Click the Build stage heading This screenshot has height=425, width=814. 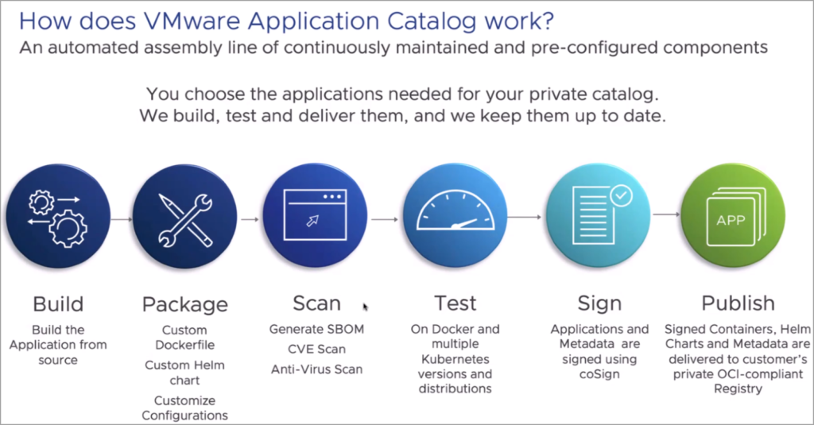click(58, 303)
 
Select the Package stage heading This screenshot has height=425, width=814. click(184, 304)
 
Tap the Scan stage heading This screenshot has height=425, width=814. click(316, 303)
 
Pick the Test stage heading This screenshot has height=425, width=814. click(455, 303)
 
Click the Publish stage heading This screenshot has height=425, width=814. click(737, 303)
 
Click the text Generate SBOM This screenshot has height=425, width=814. click(316, 329)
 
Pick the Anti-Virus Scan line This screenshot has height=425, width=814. click(316, 369)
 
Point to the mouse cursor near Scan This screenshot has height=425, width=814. click(366, 307)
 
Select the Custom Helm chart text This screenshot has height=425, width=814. click(184, 373)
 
